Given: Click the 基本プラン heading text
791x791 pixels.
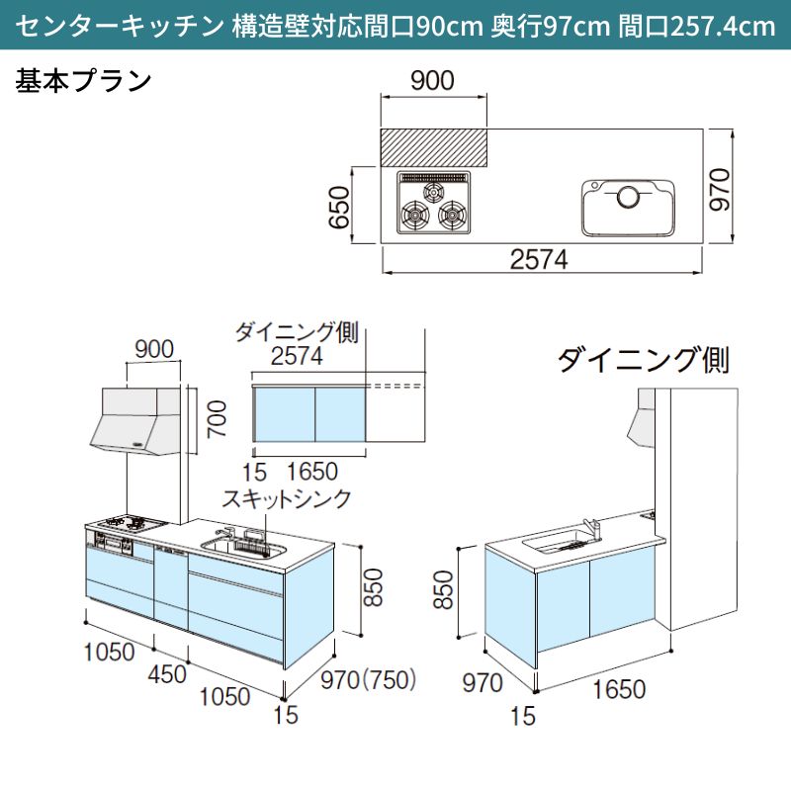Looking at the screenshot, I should pyautogui.click(x=83, y=80).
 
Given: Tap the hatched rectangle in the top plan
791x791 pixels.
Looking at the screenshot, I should pyautogui.click(x=434, y=147).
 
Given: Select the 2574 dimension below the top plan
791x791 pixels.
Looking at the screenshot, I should pyautogui.click(x=539, y=260).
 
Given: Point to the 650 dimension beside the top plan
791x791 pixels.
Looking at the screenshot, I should pyautogui.click(x=340, y=207).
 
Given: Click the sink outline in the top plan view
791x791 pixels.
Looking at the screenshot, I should pyautogui.click(x=629, y=207).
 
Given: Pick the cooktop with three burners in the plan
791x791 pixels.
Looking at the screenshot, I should pyautogui.click(x=435, y=204).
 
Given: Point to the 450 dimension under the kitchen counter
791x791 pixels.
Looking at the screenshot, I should pyautogui.click(x=167, y=674).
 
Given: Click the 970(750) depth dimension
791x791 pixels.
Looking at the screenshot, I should pyautogui.click(x=367, y=679).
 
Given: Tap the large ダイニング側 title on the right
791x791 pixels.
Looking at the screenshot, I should pyautogui.click(x=643, y=360).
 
